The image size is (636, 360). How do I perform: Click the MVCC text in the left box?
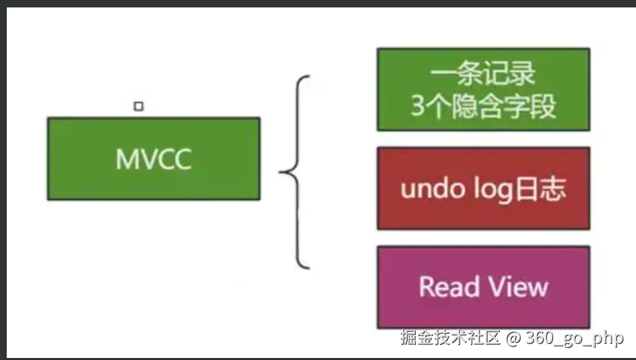(x=154, y=159)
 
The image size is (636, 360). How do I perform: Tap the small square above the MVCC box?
(x=138, y=106)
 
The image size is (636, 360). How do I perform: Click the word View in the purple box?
(x=517, y=287)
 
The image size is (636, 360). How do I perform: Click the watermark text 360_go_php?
(x=573, y=338)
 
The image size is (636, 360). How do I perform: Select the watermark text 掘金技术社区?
(x=449, y=338)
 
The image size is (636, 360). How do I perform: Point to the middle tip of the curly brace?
(x=281, y=173)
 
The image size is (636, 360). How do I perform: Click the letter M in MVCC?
(x=126, y=159)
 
